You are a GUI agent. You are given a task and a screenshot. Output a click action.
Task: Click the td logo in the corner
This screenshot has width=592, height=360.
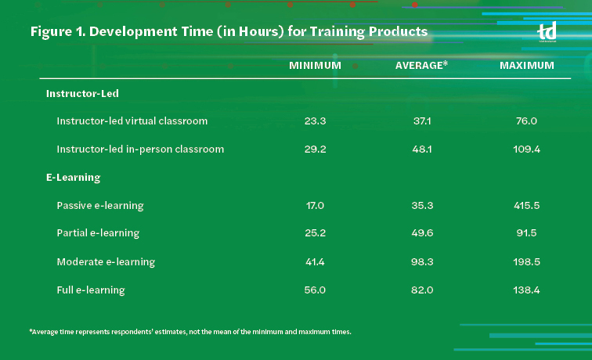[547, 33]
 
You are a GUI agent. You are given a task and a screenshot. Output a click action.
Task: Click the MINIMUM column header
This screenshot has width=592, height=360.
[315, 66]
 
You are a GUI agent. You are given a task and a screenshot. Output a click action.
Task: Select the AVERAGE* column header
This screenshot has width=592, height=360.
[421, 66]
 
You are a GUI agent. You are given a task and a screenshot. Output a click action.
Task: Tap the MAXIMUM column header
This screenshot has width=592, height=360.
[527, 66]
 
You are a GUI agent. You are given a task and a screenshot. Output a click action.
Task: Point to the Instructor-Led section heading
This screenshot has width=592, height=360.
[82, 93]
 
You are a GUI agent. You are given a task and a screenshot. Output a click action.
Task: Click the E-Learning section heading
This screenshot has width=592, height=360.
[74, 178]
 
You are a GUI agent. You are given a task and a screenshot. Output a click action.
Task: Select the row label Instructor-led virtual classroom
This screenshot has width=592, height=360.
[132, 121]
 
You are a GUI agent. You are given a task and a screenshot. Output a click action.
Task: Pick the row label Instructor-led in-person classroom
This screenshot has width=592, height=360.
[140, 149]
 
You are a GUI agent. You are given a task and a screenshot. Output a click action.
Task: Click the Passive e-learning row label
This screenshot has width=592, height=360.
[100, 206]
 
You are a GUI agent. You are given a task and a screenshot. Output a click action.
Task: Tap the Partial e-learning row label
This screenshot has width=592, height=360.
[98, 233]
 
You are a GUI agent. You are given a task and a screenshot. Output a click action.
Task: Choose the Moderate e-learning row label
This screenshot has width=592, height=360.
[106, 261]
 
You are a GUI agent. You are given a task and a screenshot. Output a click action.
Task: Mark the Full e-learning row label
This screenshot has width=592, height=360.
[91, 290]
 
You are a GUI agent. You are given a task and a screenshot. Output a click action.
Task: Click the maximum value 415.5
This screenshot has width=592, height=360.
[527, 206]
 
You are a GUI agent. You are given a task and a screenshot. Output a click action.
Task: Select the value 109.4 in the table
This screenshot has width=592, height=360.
[527, 149]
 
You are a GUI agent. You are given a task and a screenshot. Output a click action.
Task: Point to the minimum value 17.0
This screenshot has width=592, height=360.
[315, 206]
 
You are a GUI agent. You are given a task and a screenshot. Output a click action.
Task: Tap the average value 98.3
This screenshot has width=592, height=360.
[421, 261]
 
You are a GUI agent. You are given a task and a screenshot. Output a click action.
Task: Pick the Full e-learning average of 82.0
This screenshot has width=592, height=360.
[421, 290]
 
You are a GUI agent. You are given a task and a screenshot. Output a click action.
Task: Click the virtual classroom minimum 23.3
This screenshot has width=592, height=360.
[315, 121]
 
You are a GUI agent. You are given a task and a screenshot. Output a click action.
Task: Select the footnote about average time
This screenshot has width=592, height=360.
[190, 332]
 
